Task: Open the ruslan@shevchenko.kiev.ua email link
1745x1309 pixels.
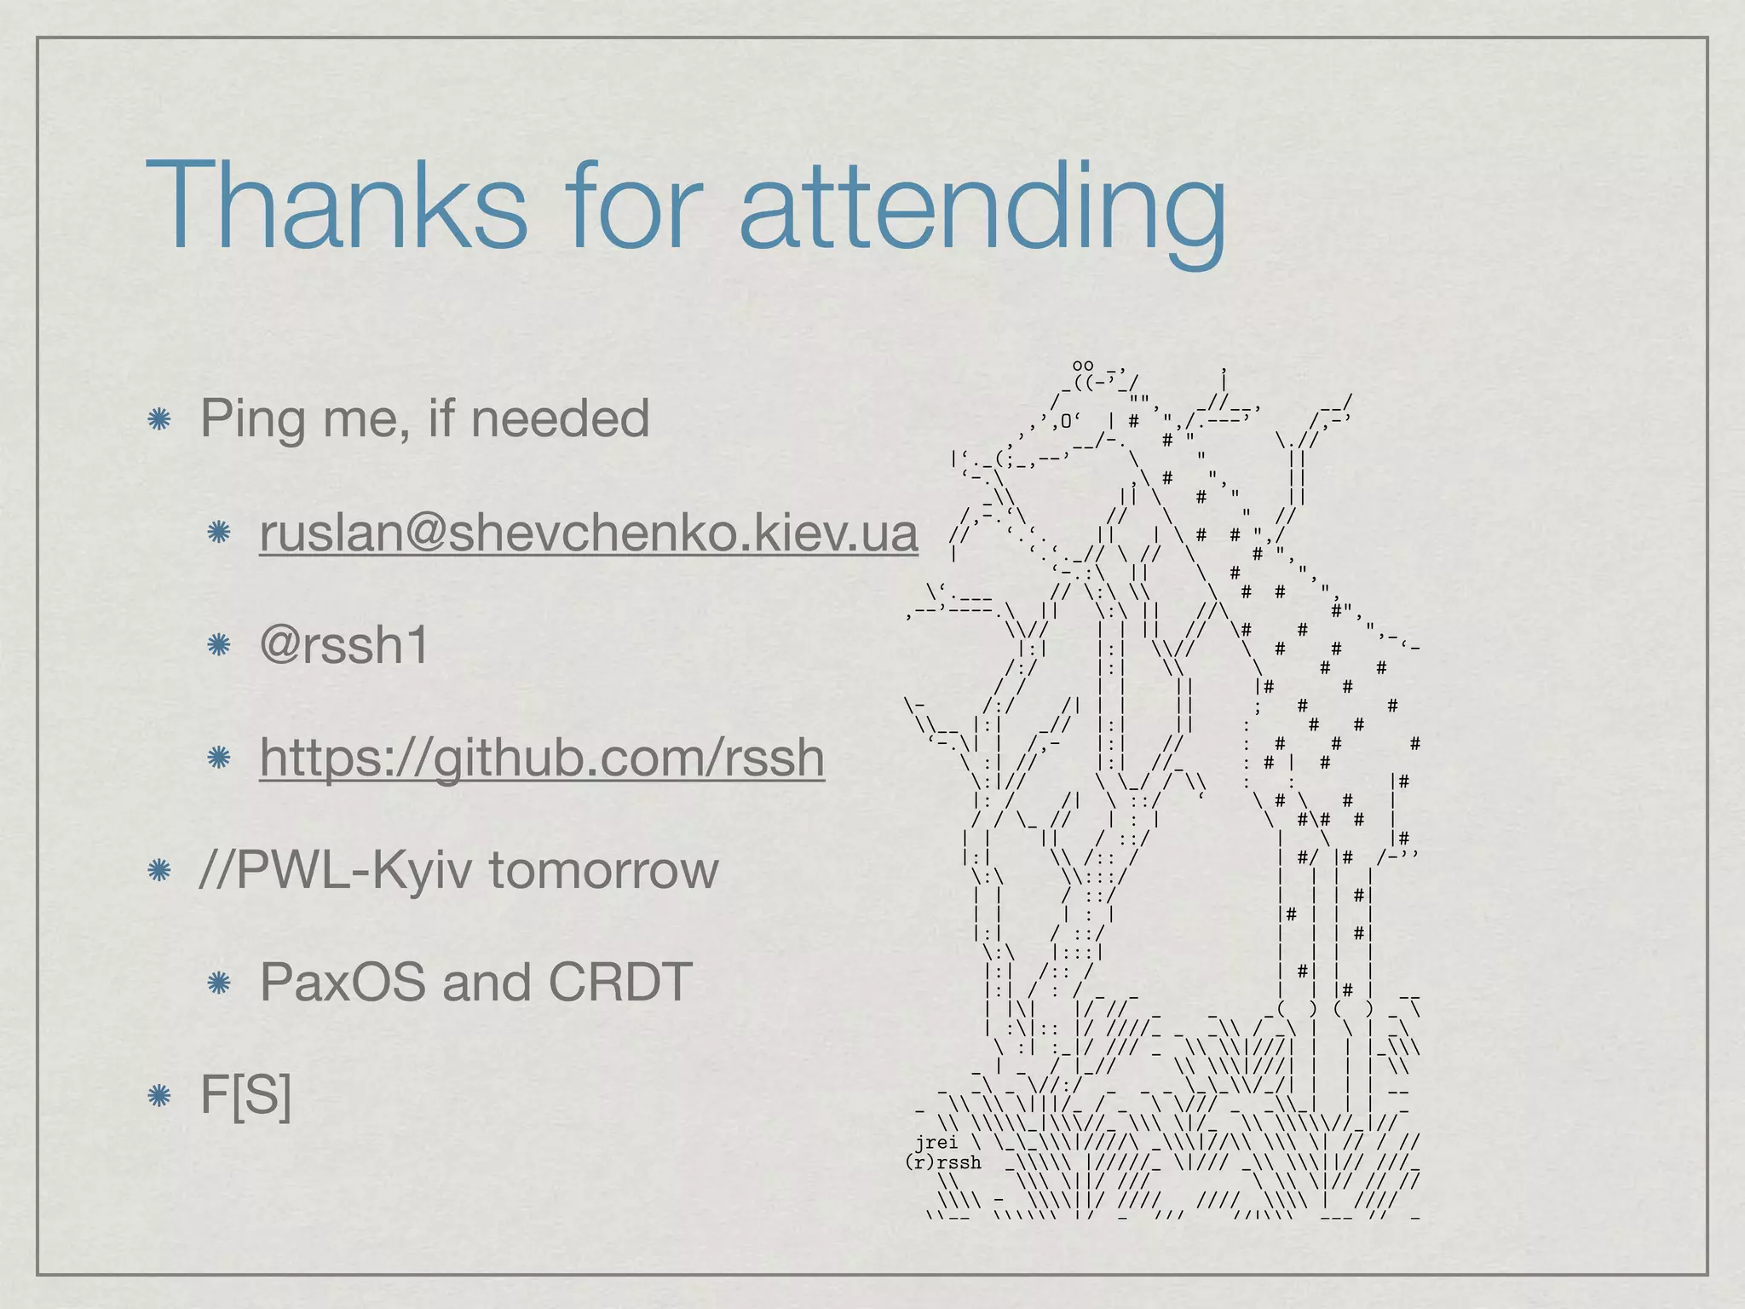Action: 589,533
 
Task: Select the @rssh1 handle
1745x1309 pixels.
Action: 344,644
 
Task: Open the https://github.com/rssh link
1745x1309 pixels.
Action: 542,757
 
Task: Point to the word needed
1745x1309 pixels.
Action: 560,418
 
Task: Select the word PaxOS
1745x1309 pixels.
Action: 343,982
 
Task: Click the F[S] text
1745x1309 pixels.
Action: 245,1094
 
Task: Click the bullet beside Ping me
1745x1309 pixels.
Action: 158,419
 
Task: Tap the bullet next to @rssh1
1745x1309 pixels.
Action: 219,645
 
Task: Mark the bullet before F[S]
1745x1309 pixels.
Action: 158,1095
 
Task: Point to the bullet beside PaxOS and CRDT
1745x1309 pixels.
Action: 219,983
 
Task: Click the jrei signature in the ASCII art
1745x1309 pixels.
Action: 936,1142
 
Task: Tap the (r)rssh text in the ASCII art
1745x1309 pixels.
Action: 943,1162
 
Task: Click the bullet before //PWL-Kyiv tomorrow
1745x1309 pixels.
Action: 158,871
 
